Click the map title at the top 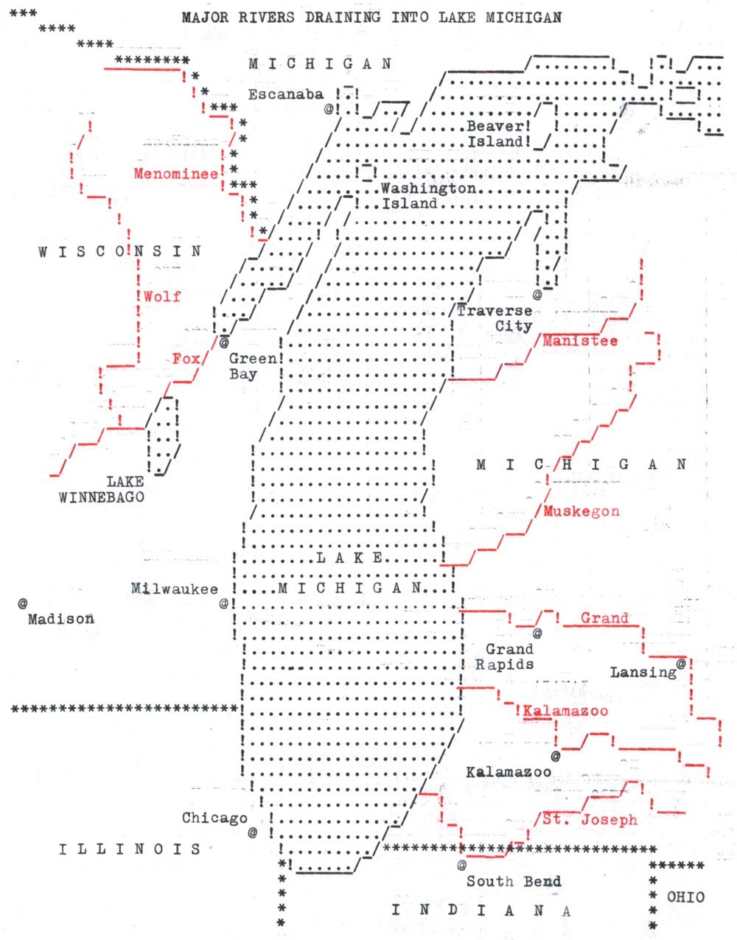point(371,17)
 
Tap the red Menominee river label point(176,174)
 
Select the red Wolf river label point(162,296)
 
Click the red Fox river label point(186,359)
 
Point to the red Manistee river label point(580,341)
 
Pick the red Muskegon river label point(581,511)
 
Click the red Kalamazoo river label point(566,711)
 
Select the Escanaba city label point(286,94)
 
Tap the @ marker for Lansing point(680,664)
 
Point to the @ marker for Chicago point(253,832)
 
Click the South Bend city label point(514,881)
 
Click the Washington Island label point(427,196)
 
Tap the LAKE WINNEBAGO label point(102,489)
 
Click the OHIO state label point(685,897)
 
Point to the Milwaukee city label point(175,589)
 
